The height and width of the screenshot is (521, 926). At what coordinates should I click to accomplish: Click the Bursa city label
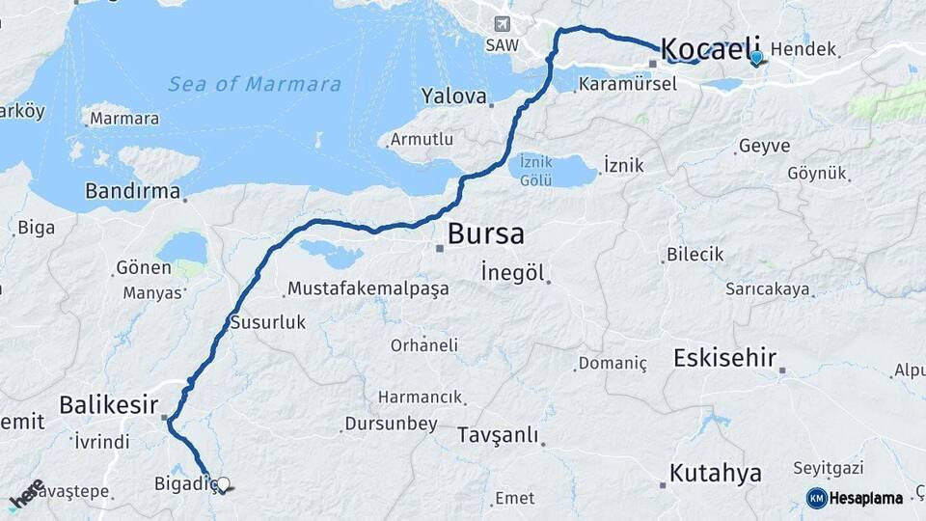pyautogui.click(x=486, y=233)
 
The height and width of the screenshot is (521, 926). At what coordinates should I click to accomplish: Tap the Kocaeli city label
pyautogui.click(x=711, y=48)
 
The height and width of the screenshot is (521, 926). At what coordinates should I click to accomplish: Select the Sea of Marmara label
pyautogui.click(x=255, y=84)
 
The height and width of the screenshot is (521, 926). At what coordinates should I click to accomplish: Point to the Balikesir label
pyautogui.click(x=108, y=405)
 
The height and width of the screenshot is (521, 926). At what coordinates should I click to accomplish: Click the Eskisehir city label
pyautogui.click(x=724, y=359)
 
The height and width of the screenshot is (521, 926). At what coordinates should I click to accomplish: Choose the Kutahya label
pyautogui.click(x=716, y=474)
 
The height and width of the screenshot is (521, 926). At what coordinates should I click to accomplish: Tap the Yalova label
pyautogui.click(x=453, y=96)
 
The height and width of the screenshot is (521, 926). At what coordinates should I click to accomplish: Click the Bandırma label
pyautogui.click(x=132, y=191)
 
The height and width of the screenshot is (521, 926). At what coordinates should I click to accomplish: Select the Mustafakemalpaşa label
pyautogui.click(x=368, y=288)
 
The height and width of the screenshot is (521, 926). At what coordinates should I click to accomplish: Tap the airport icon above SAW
pyautogui.click(x=502, y=24)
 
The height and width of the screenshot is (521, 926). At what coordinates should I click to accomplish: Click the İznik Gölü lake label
pyautogui.click(x=535, y=170)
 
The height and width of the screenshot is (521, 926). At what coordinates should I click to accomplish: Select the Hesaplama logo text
pyautogui.click(x=866, y=498)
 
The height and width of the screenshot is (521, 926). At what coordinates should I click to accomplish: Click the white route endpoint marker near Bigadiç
pyautogui.click(x=224, y=484)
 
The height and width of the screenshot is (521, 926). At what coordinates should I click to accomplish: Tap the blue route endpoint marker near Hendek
pyautogui.click(x=755, y=58)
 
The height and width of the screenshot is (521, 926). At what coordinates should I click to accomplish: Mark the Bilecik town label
pyautogui.click(x=694, y=255)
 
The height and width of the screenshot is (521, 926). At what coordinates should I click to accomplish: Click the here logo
pyautogui.click(x=27, y=494)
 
